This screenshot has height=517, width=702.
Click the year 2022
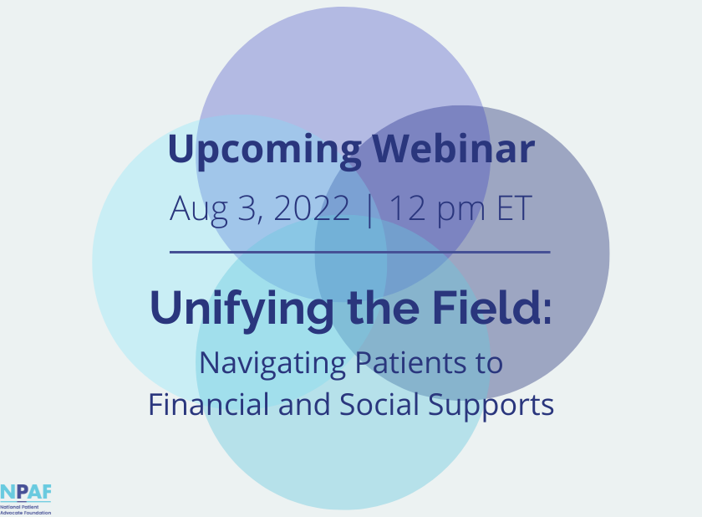(312, 207)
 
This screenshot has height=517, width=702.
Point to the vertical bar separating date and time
(369, 211)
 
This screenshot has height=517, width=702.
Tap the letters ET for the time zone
(515, 207)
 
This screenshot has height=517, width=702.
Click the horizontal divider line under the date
(360, 253)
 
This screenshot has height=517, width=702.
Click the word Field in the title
(491, 307)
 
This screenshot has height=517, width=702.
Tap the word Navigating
(272, 364)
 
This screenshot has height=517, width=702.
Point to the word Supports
(491, 406)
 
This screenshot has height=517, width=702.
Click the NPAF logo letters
(26, 492)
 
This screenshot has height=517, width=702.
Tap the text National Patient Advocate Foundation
(26, 509)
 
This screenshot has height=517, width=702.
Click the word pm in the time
(461, 211)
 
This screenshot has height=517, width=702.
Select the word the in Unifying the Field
(384, 308)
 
